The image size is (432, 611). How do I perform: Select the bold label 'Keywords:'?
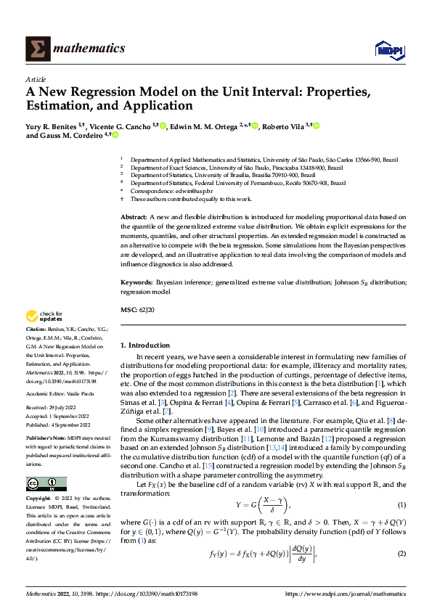point(136,281)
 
